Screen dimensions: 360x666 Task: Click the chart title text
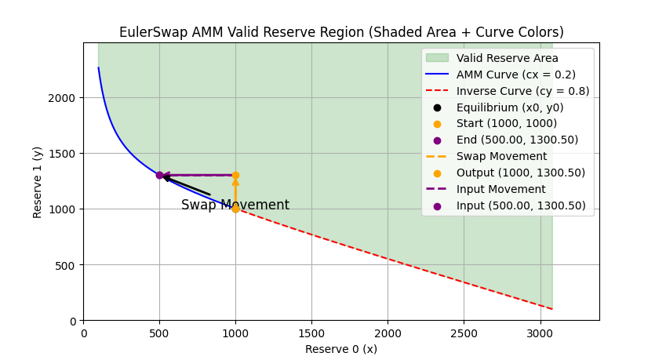(x=341, y=32)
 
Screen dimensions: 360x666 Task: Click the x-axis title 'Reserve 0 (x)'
(x=341, y=349)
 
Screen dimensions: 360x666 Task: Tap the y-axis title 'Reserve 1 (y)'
(x=38, y=181)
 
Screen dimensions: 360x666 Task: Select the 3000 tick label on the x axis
(x=540, y=333)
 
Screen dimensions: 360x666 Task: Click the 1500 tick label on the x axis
(x=311, y=333)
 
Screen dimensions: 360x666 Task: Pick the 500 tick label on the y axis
(x=68, y=265)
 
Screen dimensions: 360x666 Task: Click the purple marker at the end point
(x=159, y=175)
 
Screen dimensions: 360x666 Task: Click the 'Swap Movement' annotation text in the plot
(x=235, y=205)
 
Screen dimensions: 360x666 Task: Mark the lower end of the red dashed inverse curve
(x=552, y=309)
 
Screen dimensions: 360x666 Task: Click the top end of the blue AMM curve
(x=99, y=67)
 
